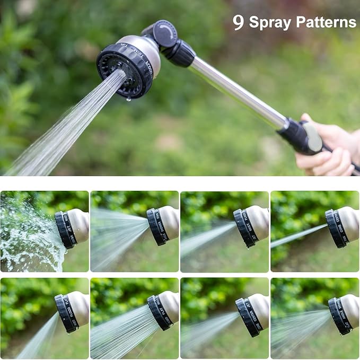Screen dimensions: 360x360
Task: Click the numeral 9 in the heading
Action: coord(238,22)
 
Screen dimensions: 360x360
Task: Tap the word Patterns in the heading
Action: coord(326,22)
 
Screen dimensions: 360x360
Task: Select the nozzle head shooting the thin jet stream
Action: coord(342,225)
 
